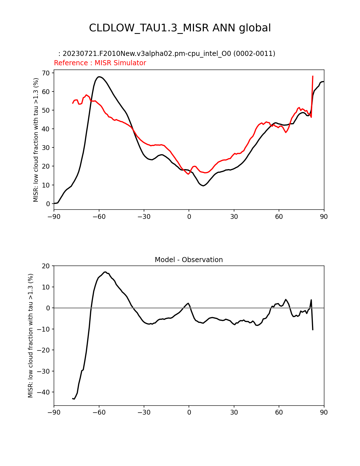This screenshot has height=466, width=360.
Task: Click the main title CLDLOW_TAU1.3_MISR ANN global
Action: point(180,28)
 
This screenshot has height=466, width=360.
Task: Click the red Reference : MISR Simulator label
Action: point(100,63)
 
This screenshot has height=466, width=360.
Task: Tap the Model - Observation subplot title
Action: point(189,260)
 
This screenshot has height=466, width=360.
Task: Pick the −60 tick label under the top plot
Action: point(99,217)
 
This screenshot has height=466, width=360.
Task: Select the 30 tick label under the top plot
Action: point(234,217)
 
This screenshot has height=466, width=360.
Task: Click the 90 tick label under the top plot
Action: point(324,217)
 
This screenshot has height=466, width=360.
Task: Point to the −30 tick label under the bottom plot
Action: point(144,412)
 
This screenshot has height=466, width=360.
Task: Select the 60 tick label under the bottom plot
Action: point(279,412)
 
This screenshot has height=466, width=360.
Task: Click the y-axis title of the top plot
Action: point(36,140)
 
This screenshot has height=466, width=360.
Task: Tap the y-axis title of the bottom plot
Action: point(30,336)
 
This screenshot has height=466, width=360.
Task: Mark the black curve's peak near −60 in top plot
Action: point(99,77)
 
